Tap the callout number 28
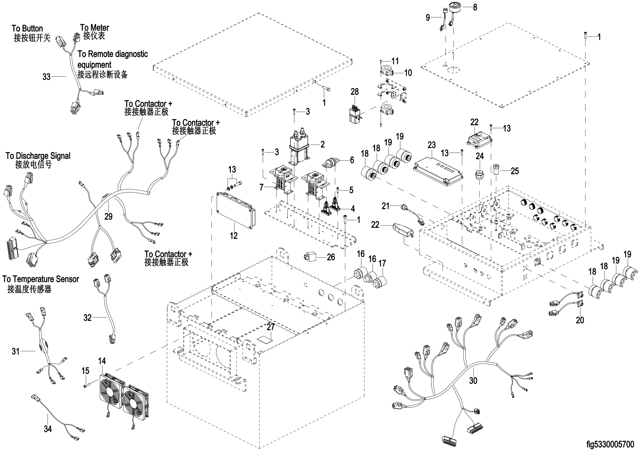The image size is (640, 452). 355,92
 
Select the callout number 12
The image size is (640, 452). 234,236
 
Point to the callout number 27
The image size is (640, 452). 271,327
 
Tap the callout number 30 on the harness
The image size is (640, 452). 473,381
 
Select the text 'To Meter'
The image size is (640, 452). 94,28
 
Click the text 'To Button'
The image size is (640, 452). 27,28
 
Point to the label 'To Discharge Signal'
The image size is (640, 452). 38,156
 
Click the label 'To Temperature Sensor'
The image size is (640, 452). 41,279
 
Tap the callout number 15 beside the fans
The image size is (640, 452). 85,371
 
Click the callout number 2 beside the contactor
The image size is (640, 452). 323,144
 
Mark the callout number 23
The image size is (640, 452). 432,145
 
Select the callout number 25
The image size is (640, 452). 515,171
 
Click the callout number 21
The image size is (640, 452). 386,206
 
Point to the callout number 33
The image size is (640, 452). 46,77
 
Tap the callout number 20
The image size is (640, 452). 580,320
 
